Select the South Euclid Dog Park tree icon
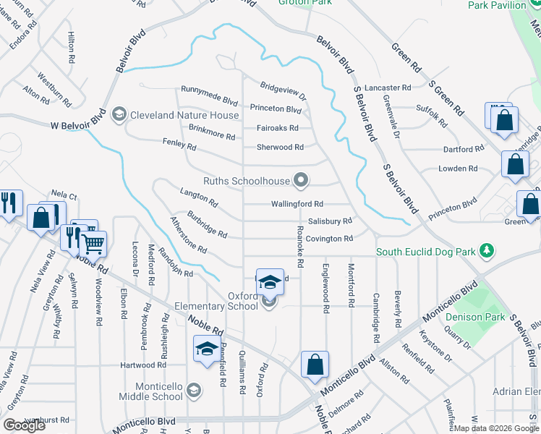click(x=488, y=252)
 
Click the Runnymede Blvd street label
click(x=209, y=102)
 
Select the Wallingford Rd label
click(x=297, y=205)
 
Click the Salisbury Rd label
click(x=329, y=221)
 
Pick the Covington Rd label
click(x=329, y=239)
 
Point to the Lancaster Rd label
click(x=388, y=87)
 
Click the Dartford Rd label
click(x=463, y=150)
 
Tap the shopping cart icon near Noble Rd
click(x=94, y=244)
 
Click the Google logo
click(x=24, y=425)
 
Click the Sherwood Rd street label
click(x=280, y=147)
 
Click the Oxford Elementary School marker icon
click(x=269, y=302)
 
